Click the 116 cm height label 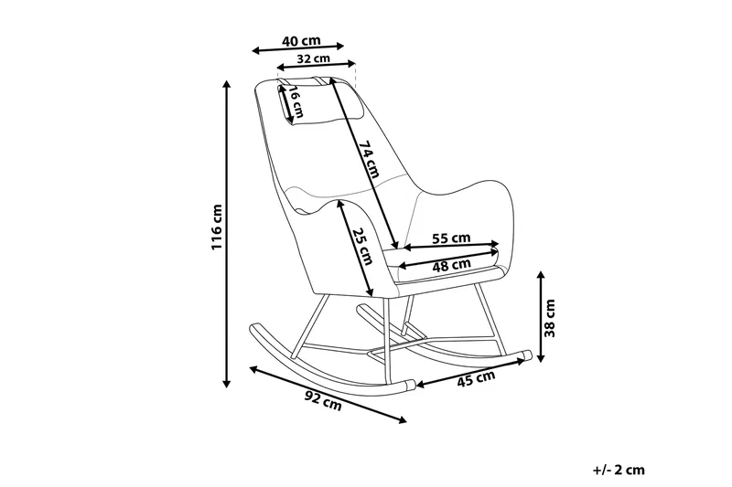pos(217,227)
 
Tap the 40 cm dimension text pos(301,40)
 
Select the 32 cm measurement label pos(314,58)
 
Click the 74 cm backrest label pos(369,158)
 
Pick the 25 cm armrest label pos(362,246)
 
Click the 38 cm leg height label pos(550,318)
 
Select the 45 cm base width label pos(475,378)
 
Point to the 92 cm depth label pos(323,401)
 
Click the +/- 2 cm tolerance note pos(619,470)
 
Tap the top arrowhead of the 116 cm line pos(227,84)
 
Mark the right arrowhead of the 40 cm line pos(340,46)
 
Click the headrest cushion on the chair pos(321,103)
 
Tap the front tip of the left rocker pos(409,385)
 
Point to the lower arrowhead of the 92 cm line pos(403,420)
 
